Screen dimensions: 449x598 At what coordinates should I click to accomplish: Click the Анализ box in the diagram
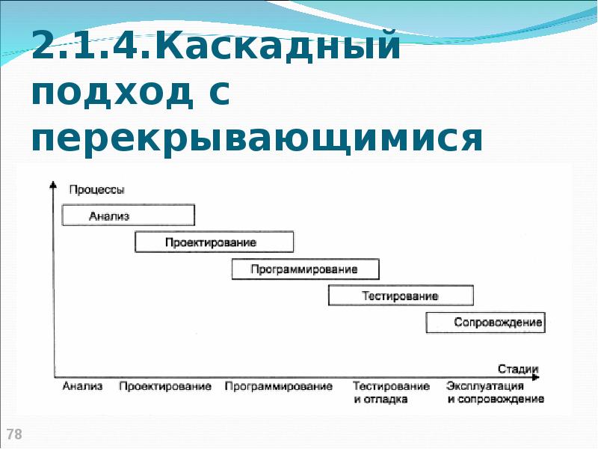pos(128,216)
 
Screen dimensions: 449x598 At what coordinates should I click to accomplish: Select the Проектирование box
pos(214,242)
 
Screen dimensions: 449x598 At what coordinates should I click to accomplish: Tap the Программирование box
pos(305,269)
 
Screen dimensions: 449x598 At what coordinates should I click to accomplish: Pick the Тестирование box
pos(401,296)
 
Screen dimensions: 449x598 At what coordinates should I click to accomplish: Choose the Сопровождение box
pos(485,323)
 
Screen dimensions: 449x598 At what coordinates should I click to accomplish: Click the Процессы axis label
pos(97,190)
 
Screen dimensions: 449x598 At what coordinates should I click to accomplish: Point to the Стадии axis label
pos(518,367)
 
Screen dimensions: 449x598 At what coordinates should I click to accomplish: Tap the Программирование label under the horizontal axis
pos(278,386)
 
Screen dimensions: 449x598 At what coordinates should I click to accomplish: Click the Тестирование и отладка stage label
pos(391,392)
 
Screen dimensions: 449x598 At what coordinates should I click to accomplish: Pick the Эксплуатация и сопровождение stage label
pos(496,392)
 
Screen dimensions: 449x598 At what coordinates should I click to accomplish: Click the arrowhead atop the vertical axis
pos(53,185)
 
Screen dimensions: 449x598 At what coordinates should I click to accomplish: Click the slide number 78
pos(13,434)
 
